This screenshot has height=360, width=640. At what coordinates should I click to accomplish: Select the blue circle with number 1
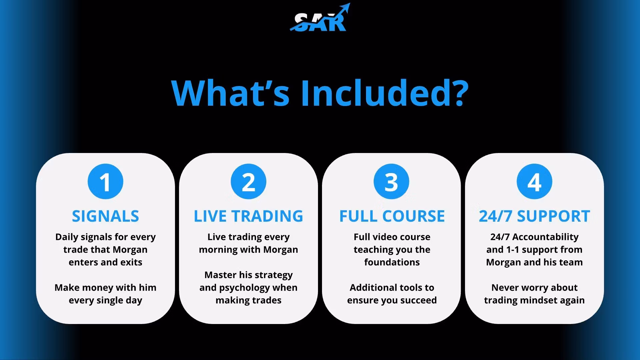(105, 182)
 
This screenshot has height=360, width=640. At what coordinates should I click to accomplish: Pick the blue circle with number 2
(248, 182)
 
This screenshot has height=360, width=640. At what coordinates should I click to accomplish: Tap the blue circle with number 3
(391, 182)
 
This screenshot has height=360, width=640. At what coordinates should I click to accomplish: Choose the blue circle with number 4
(534, 182)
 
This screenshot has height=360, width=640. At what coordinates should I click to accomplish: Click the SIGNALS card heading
(105, 216)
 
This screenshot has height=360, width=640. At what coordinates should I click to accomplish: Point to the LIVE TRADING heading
(248, 216)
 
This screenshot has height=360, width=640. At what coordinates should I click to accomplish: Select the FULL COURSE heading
(392, 216)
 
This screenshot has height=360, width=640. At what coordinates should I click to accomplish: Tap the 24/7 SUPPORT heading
(534, 216)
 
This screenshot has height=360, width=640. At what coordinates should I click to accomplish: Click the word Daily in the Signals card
(67, 237)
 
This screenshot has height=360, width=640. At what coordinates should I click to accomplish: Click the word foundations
(392, 262)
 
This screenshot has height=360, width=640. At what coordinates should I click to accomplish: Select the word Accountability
(545, 237)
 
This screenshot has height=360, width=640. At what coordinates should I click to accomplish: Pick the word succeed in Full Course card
(418, 300)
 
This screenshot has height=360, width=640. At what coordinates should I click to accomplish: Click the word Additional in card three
(368, 287)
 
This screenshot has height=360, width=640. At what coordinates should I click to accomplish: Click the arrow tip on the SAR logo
(350, 4)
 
